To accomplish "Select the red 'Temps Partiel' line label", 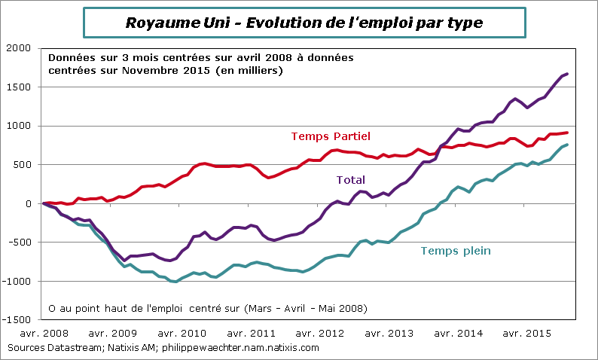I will point(331,136).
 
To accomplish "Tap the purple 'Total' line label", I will point(350,180).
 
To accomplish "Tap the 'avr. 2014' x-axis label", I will point(458,333).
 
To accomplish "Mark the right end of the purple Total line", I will point(567,74).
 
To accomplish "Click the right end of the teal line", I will point(567,145).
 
